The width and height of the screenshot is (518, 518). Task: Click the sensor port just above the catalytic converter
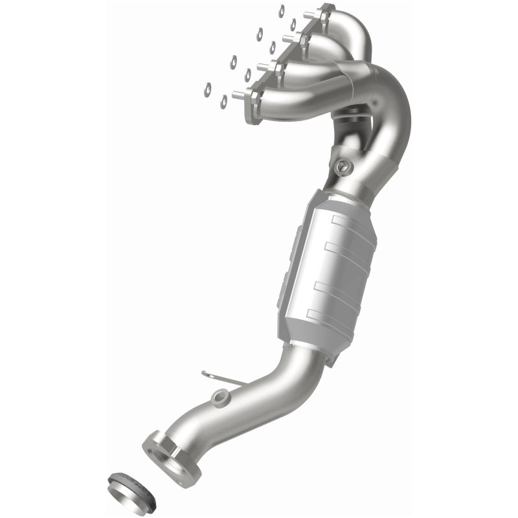pyautogui.click(x=341, y=166)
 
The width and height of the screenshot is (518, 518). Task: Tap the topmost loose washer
pyautogui.click(x=282, y=10)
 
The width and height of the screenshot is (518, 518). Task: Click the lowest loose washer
pyautogui.click(x=224, y=102)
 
